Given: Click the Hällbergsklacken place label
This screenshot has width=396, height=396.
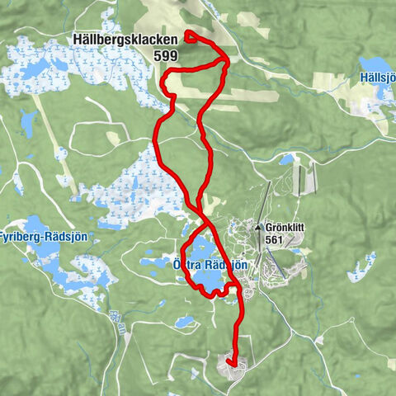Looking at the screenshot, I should point(124,40).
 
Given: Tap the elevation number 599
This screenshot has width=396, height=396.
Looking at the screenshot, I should point(164,55).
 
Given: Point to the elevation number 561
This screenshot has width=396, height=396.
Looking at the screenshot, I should point(276,239).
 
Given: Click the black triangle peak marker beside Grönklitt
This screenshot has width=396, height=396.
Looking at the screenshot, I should point(258,227).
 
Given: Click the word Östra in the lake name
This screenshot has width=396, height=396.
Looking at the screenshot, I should point(188,265).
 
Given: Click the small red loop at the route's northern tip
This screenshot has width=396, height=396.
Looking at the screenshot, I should point(191,35).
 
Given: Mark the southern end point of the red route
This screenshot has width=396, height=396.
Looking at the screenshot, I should point(233,363).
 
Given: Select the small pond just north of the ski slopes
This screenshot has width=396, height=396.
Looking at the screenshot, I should point(286,159).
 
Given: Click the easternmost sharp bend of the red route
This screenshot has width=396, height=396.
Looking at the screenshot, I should point(229,58).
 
